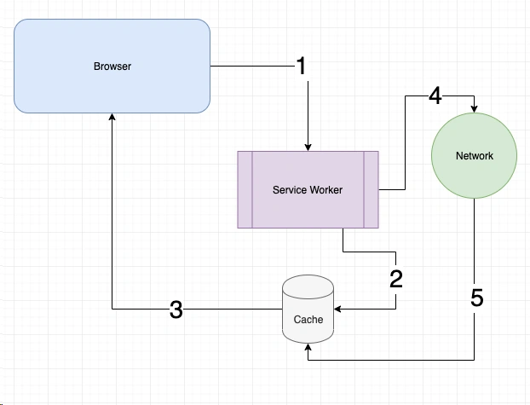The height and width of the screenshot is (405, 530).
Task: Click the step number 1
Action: [x=301, y=66]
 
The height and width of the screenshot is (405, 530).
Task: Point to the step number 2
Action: [x=395, y=278]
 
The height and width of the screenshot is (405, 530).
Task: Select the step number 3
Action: [x=176, y=310]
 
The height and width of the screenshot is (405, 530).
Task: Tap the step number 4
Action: [x=435, y=95]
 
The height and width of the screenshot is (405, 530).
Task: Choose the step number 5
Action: [x=476, y=298]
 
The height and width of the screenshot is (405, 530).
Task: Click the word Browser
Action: [x=112, y=66]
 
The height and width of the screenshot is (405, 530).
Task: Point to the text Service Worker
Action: [x=308, y=189]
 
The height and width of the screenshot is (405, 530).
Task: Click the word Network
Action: [x=475, y=156]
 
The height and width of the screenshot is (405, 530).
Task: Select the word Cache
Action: [x=308, y=320]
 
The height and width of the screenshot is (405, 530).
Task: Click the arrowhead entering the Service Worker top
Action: [x=308, y=146]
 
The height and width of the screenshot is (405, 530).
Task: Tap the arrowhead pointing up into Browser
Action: [x=112, y=118]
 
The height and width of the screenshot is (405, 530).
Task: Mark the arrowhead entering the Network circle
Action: [x=475, y=109]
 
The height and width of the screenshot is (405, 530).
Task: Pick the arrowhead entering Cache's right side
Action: [x=338, y=309]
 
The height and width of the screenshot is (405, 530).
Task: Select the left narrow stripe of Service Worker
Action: [x=245, y=189]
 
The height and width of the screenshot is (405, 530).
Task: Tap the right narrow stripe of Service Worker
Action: [x=371, y=189]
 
